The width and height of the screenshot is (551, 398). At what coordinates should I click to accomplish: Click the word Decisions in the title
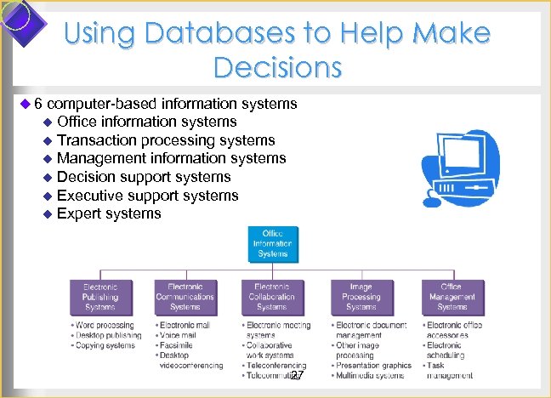(278, 65)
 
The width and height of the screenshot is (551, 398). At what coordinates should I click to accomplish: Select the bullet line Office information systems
(146, 122)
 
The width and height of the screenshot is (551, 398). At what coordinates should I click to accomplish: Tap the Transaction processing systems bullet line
(165, 139)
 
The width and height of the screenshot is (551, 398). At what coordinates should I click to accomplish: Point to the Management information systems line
(171, 158)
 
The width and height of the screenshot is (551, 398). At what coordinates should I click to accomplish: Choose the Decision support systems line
(143, 177)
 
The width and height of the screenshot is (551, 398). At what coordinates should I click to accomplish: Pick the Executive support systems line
(147, 196)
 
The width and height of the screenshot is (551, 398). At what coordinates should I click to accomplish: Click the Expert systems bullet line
(108, 213)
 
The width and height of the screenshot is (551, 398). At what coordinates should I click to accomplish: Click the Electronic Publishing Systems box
(100, 297)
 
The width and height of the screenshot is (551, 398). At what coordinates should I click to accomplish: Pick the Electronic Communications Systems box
(185, 297)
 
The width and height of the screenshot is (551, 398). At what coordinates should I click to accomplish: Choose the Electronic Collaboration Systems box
(272, 297)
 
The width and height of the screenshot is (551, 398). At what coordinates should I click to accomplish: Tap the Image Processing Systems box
(361, 297)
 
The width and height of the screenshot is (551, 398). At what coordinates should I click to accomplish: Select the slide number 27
(296, 375)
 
